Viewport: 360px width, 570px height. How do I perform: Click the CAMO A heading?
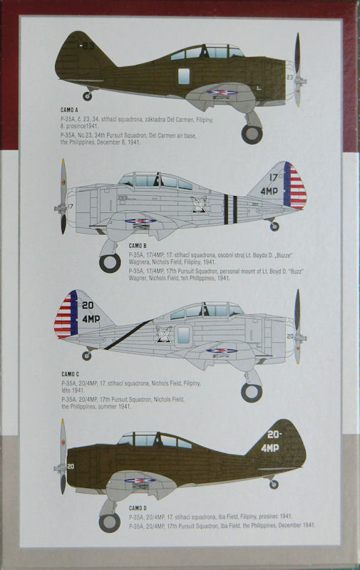coord(69,110)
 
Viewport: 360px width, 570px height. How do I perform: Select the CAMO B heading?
coord(138,246)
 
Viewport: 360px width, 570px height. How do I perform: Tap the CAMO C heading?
coord(70,374)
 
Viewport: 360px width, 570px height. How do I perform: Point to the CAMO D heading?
coord(138,508)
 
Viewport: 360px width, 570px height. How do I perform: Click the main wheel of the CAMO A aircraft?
coord(252,134)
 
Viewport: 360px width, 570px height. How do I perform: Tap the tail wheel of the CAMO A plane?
coord(87,96)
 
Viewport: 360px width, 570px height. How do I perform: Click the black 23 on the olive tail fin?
coord(87,46)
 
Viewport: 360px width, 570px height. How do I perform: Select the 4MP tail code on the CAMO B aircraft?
coord(269,191)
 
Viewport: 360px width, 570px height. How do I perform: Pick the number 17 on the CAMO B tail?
coord(274,177)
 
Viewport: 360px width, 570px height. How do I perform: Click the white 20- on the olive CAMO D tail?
coord(275,435)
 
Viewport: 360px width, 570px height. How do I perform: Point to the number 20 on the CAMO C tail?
coord(88,305)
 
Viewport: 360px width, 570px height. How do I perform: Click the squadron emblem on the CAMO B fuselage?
coord(199,204)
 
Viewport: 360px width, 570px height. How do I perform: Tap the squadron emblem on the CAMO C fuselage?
coord(164,334)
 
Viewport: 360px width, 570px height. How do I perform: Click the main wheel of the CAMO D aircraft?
coord(110,522)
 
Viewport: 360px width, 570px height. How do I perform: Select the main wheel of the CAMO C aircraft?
coord(252,393)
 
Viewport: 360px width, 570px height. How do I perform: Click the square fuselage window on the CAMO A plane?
coord(184,76)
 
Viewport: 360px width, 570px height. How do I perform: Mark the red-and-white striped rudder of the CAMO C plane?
coord(63,314)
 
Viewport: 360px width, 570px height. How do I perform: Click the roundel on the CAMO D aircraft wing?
coord(140,480)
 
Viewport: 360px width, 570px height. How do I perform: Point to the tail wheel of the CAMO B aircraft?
coord(274,227)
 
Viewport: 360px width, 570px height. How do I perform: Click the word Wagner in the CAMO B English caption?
coord(138,278)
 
